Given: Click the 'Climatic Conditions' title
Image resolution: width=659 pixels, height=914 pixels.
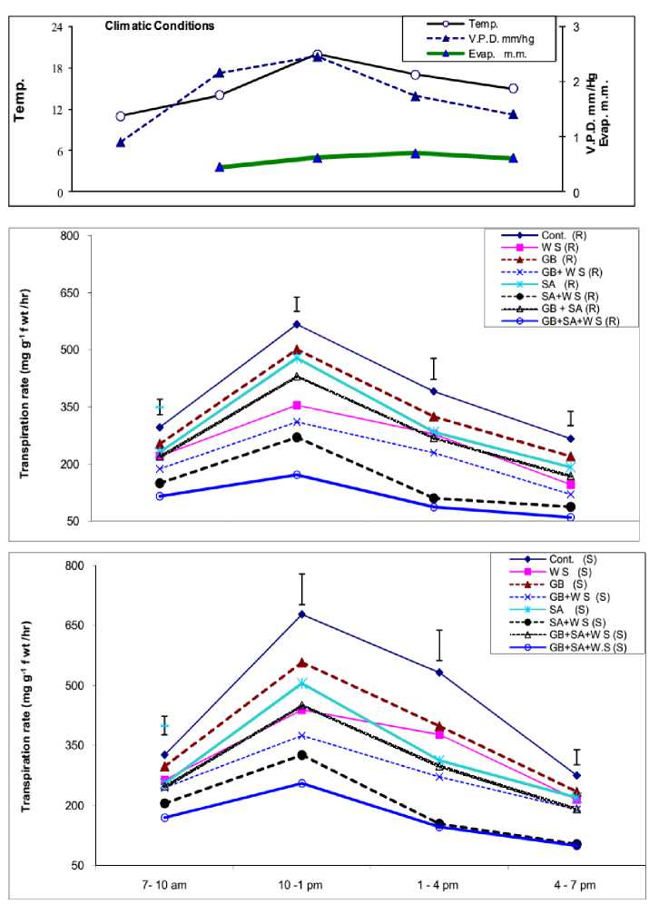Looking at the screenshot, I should tap(159, 26).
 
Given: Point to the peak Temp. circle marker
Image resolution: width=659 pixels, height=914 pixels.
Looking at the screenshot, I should tap(317, 54).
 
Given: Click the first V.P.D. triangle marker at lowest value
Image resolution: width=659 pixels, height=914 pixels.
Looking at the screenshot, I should tap(121, 143).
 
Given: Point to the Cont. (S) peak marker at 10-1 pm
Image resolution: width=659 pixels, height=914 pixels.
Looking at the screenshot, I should tap(300, 614).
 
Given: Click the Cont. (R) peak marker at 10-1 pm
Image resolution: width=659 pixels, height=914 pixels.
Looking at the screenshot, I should tap(296, 324).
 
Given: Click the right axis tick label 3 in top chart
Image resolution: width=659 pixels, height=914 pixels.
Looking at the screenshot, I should tap(572, 27).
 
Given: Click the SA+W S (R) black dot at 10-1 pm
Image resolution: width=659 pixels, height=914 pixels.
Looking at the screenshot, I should tap(296, 437).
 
